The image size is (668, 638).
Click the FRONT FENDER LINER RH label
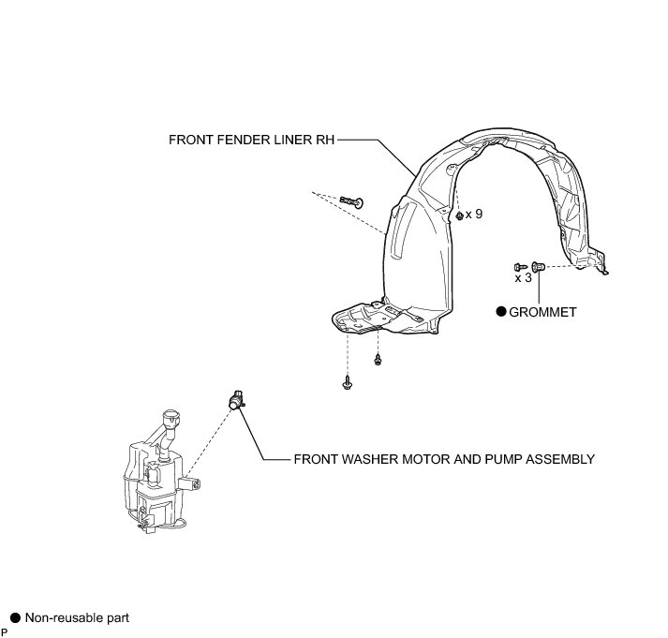(x=251, y=140)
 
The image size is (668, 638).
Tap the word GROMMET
(x=543, y=312)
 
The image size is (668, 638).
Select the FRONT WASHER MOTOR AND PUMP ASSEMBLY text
(x=444, y=459)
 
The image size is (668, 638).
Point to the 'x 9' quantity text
(x=474, y=215)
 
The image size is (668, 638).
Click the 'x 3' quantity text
(x=523, y=278)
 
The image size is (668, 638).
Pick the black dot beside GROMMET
(x=501, y=312)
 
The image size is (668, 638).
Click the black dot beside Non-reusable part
(x=15, y=618)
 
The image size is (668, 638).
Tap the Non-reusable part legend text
(x=77, y=618)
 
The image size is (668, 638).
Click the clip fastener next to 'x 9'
(x=458, y=215)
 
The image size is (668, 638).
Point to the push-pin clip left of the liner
(x=352, y=201)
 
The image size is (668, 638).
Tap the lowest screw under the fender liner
(x=348, y=382)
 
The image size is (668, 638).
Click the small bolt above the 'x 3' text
(x=519, y=267)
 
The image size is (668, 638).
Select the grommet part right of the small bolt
(x=537, y=266)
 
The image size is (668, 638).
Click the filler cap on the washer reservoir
(x=170, y=417)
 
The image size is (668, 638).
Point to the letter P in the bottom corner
(x=5, y=632)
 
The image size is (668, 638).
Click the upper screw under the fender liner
(x=378, y=360)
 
